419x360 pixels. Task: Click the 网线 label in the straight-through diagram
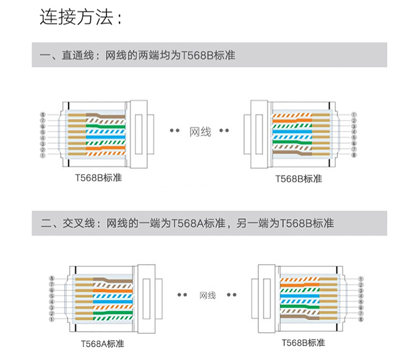click(x=201, y=132)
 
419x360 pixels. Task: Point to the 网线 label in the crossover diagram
click(x=208, y=295)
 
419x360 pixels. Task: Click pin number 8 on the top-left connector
click(x=42, y=115)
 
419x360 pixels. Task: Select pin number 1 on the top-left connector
click(x=42, y=155)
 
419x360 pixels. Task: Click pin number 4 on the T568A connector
click(x=51, y=302)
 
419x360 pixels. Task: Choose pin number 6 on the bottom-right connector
click(x=361, y=308)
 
